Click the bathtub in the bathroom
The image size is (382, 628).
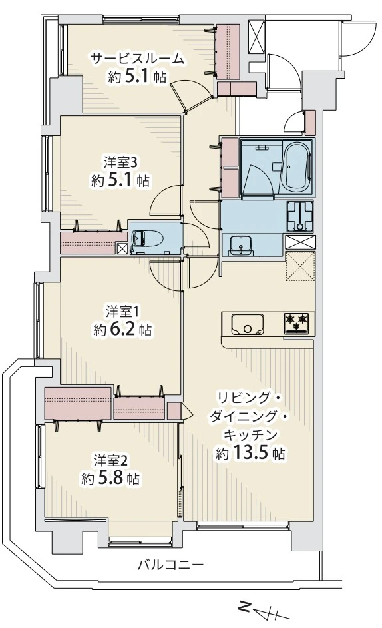[x=296, y=168]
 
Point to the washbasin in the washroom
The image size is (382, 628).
[x=240, y=244]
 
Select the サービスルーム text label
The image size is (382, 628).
[x=137, y=59]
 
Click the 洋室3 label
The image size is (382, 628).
[x=120, y=162]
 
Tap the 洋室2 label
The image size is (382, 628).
[x=110, y=460]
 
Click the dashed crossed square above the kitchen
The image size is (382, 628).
[x=299, y=268]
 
